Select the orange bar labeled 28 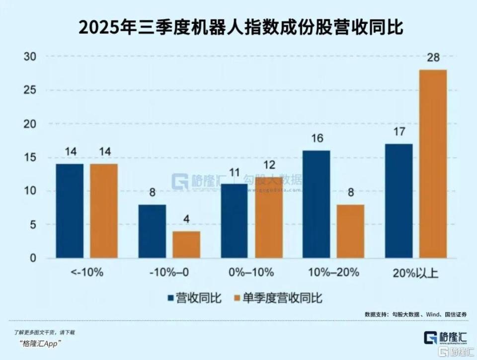click(433, 164)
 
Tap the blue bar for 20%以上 click(398, 201)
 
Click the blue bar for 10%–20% click(316, 204)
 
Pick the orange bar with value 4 click(186, 245)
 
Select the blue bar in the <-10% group click(70, 211)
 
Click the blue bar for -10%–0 click(152, 231)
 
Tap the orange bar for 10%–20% click(350, 231)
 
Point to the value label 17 click(398, 133)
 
